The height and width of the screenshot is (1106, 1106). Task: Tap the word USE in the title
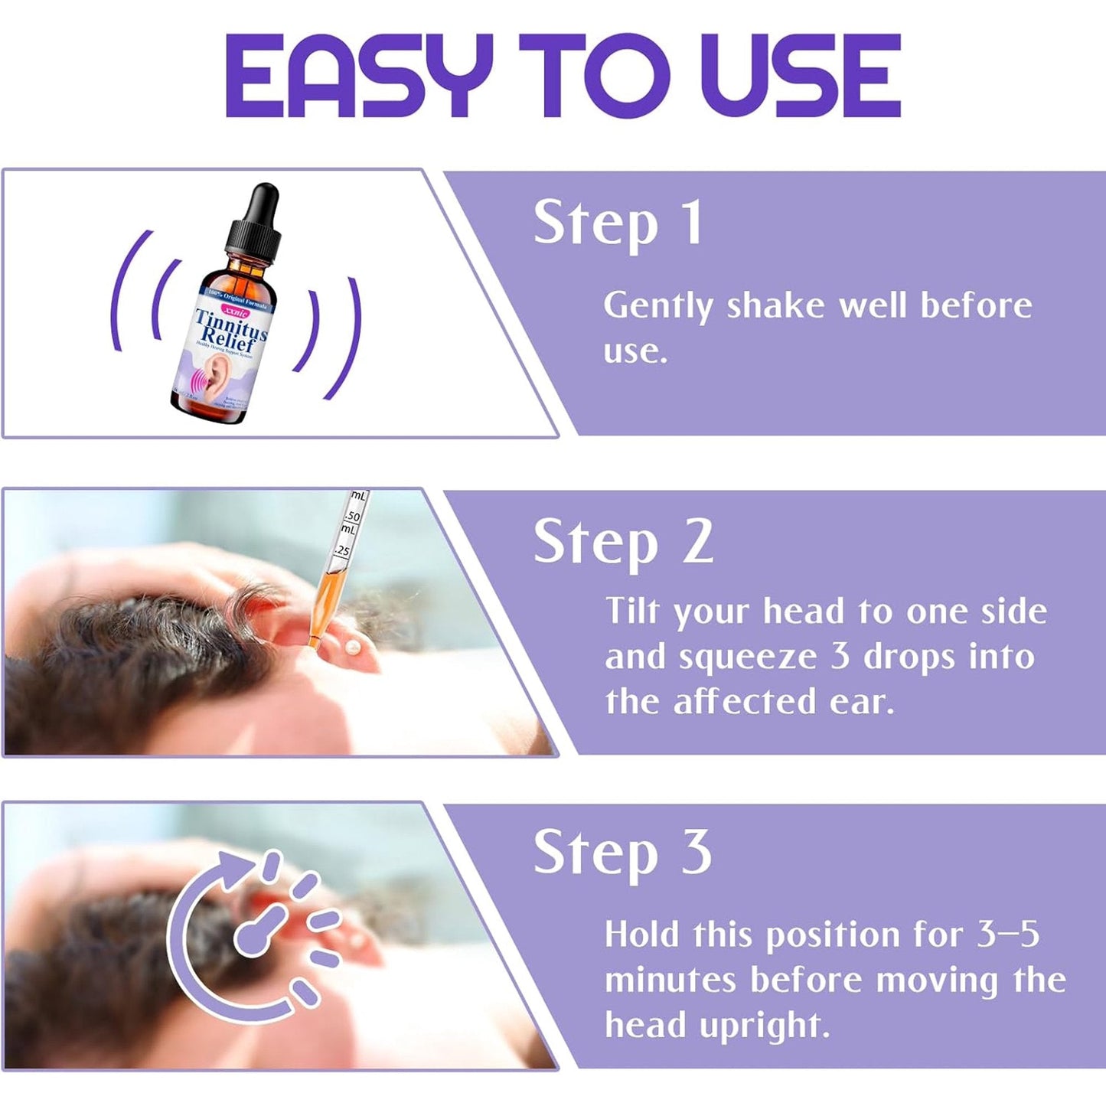(799, 77)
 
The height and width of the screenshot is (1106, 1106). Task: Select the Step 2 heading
(623, 543)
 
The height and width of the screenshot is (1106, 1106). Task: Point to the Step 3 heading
(622, 853)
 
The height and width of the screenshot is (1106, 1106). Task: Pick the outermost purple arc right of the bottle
(348, 337)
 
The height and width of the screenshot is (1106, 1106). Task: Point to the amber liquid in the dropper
(325, 605)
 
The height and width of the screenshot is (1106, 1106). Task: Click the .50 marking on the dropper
(352, 517)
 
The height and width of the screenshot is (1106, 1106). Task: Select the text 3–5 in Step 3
(1008, 935)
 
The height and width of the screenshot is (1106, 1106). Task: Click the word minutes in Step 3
(670, 980)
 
